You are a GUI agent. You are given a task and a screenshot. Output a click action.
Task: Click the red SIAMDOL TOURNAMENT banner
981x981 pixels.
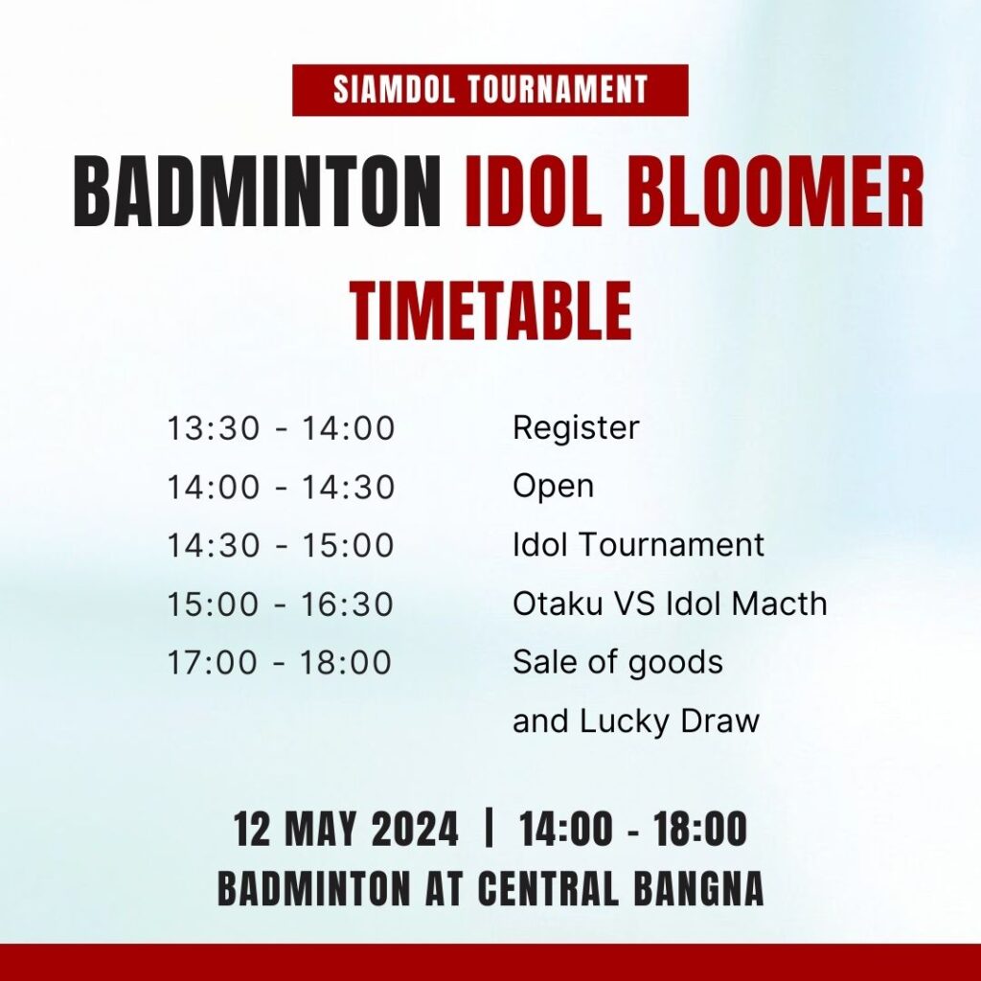tap(490, 89)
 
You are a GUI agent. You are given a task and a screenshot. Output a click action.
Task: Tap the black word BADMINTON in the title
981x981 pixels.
tap(258, 191)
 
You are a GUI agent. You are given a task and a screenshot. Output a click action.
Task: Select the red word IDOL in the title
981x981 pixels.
tap(533, 191)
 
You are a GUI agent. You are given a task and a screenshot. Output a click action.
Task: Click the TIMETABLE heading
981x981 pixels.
tap(490, 310)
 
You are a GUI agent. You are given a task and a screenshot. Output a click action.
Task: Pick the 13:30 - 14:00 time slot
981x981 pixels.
tap(281, 428)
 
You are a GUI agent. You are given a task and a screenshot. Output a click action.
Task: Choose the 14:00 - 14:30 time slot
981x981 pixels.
tap(281, 488)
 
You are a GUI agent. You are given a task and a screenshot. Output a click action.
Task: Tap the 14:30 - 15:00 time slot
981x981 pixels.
tap(280, 545)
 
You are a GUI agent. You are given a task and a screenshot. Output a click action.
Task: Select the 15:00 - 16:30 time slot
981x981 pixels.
tap(280, 605)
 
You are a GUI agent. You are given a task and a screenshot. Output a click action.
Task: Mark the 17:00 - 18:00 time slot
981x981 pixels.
tap(279, 663)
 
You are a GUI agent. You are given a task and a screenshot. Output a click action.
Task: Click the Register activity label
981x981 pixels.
tap(576, 429)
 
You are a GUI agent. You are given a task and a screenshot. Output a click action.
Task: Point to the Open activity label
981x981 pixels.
tap(553, 488)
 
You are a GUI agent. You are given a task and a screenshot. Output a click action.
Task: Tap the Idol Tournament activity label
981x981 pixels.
tap(638, 544)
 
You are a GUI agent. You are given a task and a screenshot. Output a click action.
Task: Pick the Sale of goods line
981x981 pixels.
tap(618, 663)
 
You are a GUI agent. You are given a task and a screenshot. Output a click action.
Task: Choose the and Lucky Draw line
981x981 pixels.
tap(636, 721)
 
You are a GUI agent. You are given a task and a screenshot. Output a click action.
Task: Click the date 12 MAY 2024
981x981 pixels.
tap(346, 829)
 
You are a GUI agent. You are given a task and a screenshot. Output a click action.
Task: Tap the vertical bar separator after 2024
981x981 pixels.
tap(490, 828)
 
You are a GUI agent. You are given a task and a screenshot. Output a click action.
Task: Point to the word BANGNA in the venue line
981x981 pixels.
tap(698, 888)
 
